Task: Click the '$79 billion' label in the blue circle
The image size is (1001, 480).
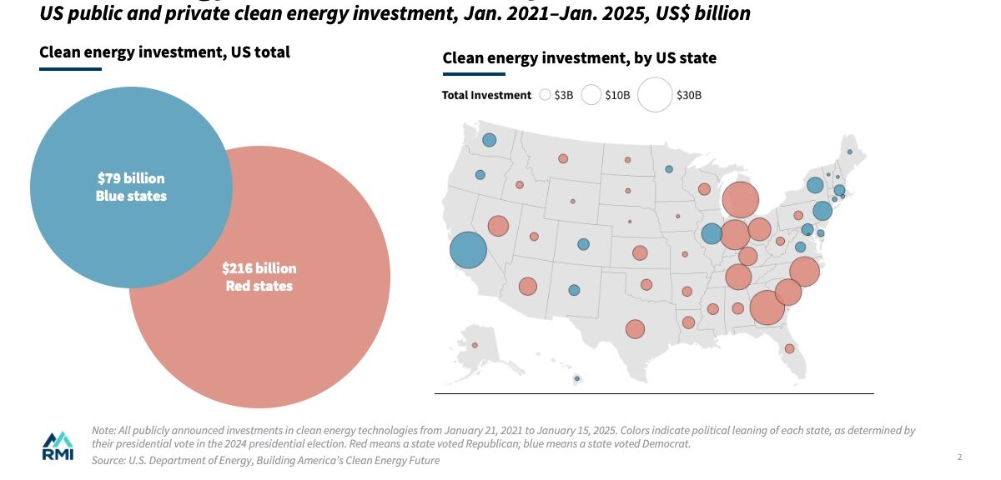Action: coord(131,178)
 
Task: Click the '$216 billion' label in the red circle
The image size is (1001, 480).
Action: coord(259,268)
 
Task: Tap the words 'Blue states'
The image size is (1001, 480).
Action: coord(131,197)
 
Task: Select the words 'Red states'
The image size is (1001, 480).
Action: coord(259,287)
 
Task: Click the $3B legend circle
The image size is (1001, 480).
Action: coord(545,95)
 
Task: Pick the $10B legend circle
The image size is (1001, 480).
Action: coord(591,95)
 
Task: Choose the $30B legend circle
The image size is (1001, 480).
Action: coord(655,95)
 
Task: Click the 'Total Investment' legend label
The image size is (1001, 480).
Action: coord(486,95)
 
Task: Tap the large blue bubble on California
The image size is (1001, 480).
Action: coord(468,250)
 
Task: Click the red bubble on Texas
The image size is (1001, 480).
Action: coord(635,329)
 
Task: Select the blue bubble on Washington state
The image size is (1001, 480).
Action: coord(489,139)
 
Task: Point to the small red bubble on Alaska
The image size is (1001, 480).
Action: coord(475,345)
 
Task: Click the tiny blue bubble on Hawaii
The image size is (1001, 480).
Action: coord(576,379)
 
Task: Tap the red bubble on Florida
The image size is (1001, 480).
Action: coord(789,348)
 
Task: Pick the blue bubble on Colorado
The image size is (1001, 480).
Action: coord(583,244)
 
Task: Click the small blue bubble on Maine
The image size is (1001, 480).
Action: coord(849,152)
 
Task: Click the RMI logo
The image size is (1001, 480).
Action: coord(58,446)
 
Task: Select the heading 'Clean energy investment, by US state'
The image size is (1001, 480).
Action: coord(579,58)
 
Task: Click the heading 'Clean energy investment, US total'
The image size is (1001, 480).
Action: coord(164,52)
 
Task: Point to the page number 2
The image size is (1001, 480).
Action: coord(960,457)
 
